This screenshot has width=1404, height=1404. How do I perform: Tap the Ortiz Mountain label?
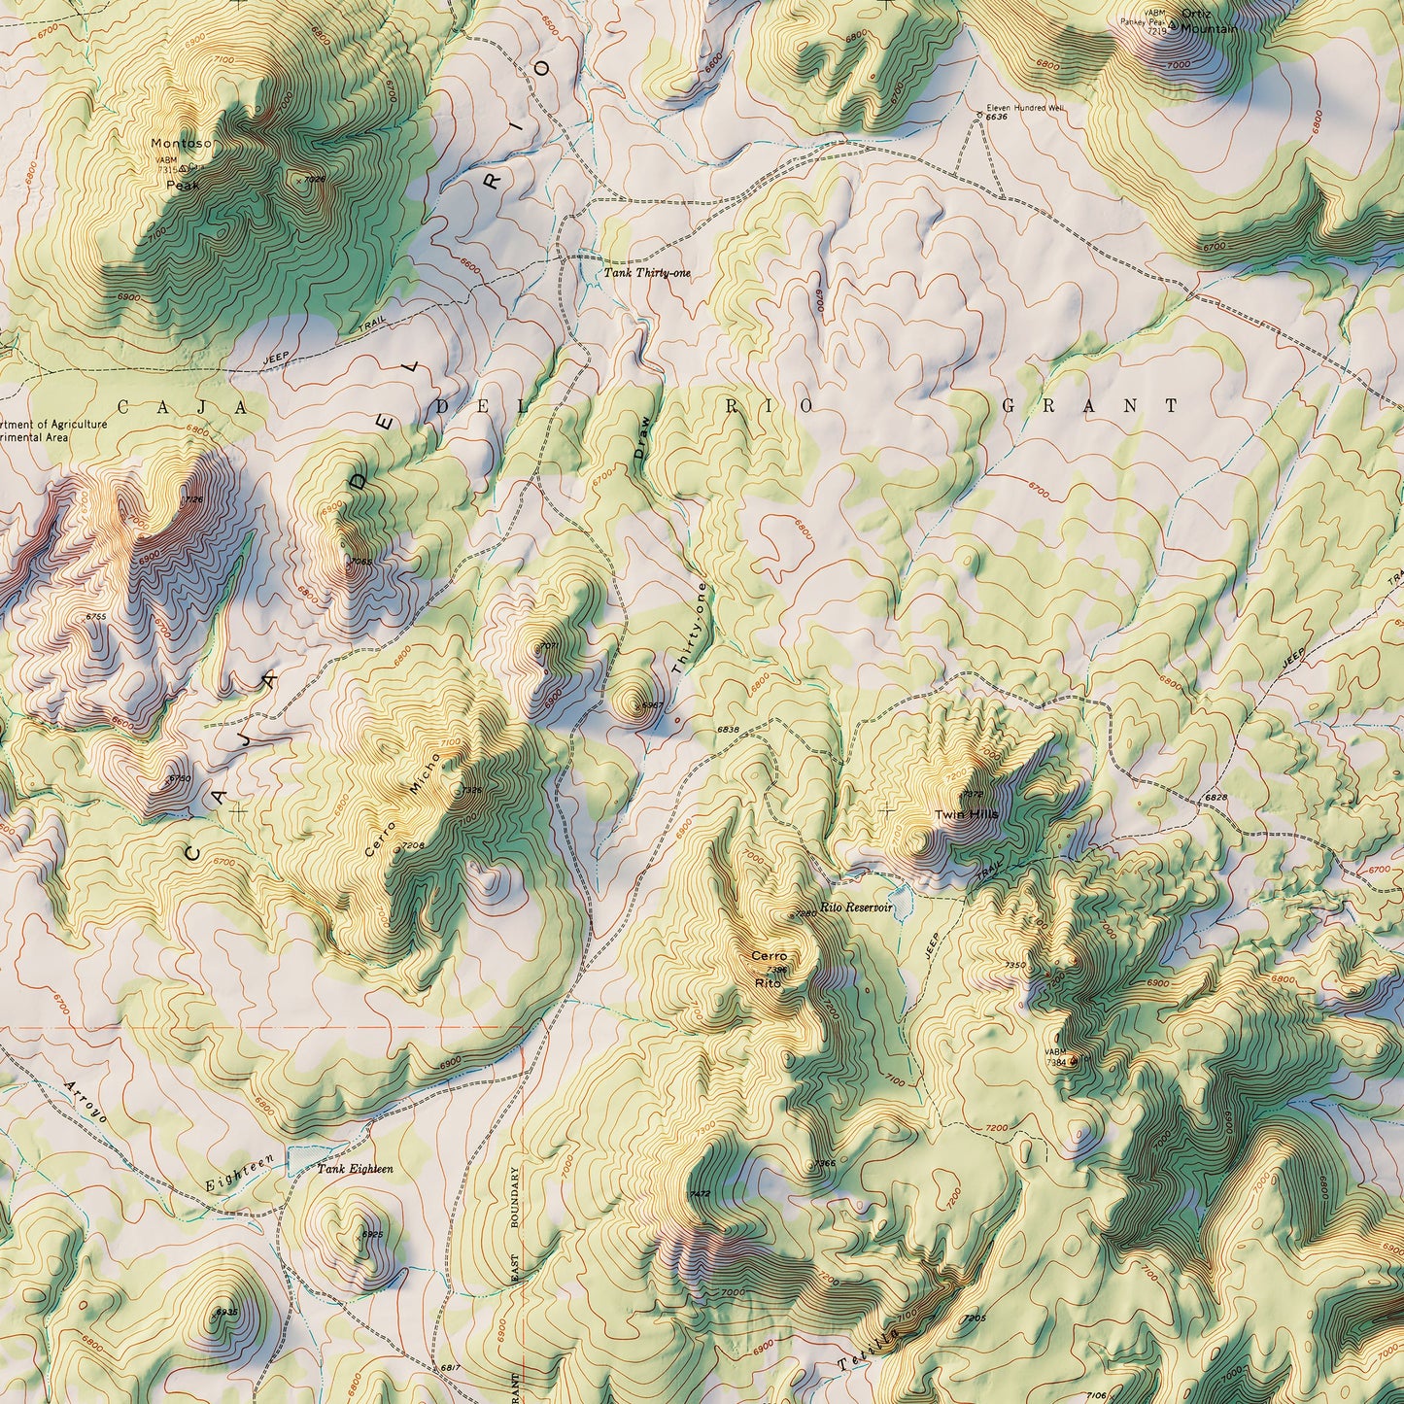1208,21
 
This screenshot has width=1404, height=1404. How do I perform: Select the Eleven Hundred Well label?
1025,108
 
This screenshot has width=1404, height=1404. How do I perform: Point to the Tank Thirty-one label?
647,274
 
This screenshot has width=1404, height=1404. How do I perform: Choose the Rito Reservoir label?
855,907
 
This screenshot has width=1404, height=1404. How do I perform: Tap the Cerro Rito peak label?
768,969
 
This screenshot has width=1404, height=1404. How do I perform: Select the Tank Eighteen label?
355,1169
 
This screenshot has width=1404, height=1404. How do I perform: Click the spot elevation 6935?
225,1312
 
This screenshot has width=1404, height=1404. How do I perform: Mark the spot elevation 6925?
372,1234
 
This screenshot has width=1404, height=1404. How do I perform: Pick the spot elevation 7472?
699,1193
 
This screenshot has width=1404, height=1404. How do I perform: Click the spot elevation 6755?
96,617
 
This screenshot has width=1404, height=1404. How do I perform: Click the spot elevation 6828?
1216,797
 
